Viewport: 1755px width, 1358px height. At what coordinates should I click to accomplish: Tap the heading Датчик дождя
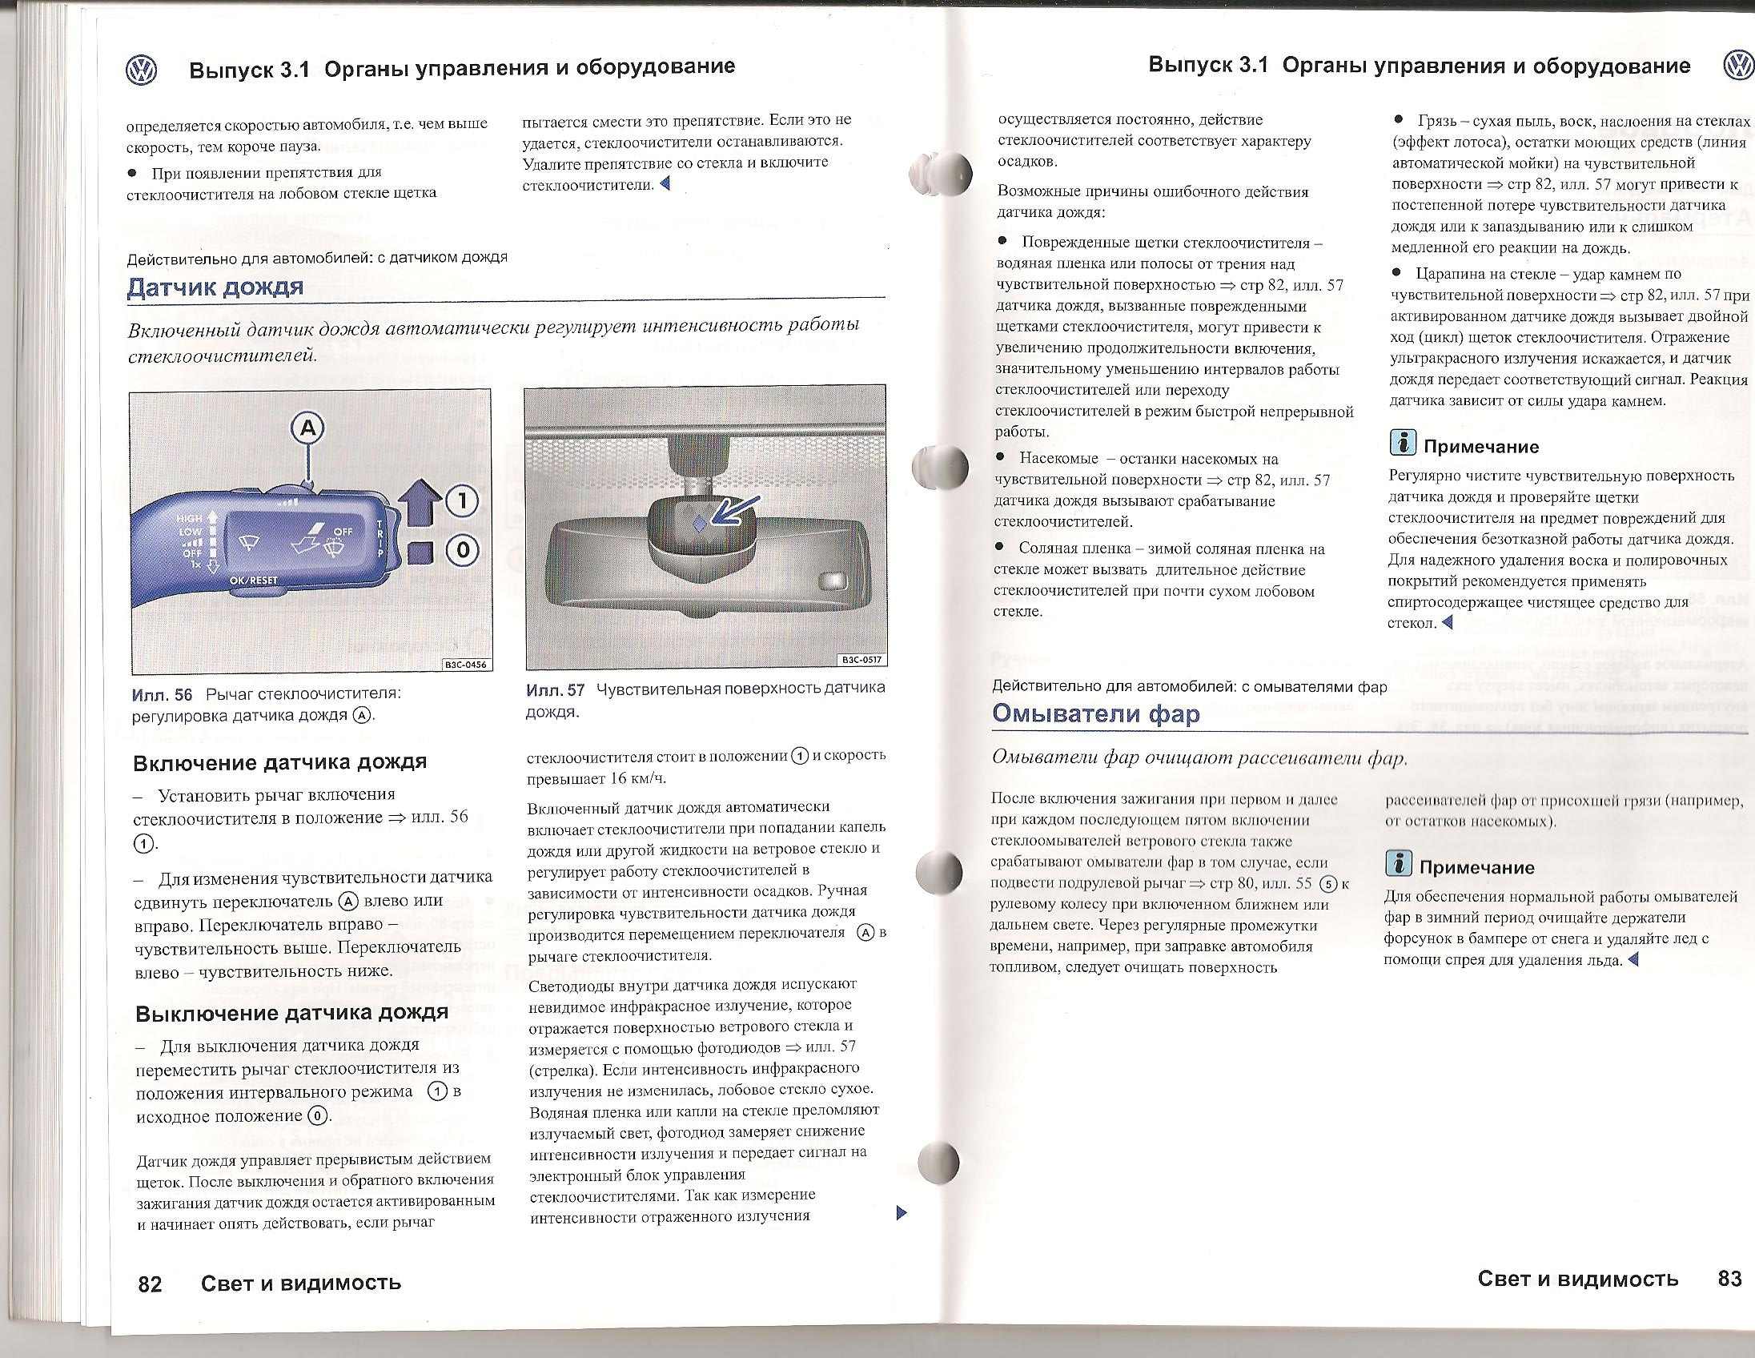(215, 287)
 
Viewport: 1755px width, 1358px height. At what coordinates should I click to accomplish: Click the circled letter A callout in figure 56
(308, 428)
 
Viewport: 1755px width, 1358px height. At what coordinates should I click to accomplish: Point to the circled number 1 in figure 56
(461, 501)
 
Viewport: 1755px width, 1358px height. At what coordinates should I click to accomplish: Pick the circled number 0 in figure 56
(462, 551)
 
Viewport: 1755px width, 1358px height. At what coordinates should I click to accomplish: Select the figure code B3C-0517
(861, 660)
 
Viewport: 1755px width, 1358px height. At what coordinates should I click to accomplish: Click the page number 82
(151, 1284)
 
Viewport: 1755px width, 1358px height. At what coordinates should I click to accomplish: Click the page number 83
(1729, 1279)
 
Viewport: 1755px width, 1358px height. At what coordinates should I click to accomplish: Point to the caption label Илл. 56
(162, 694)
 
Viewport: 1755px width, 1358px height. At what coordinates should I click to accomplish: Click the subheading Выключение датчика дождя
(291, 1012)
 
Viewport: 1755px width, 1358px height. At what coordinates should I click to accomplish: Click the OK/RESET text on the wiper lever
(253, 581)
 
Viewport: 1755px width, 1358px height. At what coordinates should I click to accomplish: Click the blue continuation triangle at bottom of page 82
(901, 1212)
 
